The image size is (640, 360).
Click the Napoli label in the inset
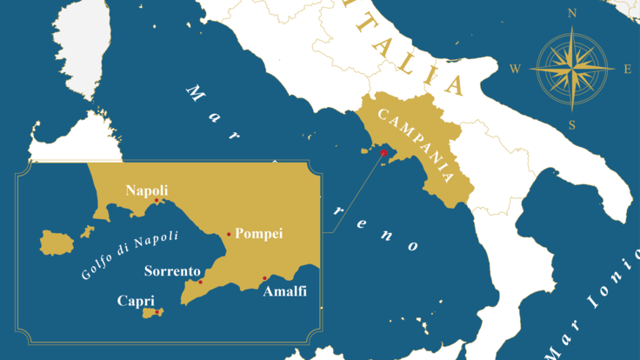(147, 190)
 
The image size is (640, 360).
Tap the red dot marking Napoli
(157, 201)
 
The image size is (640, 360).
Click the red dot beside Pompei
(229, 234)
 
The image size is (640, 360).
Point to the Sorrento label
(172, 270)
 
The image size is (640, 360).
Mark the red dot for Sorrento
(200, 282)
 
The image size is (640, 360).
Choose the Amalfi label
(284, 291)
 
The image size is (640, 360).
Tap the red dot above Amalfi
(264, 278)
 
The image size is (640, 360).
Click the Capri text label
(136, 300)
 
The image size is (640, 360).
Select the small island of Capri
(152, 312)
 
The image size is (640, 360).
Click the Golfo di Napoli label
(130, 254)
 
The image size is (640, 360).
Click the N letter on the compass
(571, 13)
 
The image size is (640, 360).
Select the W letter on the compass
(516, 69)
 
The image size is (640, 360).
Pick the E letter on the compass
(628, 69)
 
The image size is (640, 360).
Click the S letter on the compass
(571, 124)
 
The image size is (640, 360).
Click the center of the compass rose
(571, 69)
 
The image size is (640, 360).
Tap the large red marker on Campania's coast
(383, 153)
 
